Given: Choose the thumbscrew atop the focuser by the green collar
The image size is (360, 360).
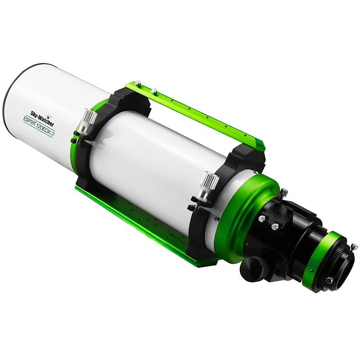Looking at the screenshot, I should click(283, 193).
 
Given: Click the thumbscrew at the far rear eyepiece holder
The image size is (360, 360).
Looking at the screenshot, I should click(354, 247).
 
